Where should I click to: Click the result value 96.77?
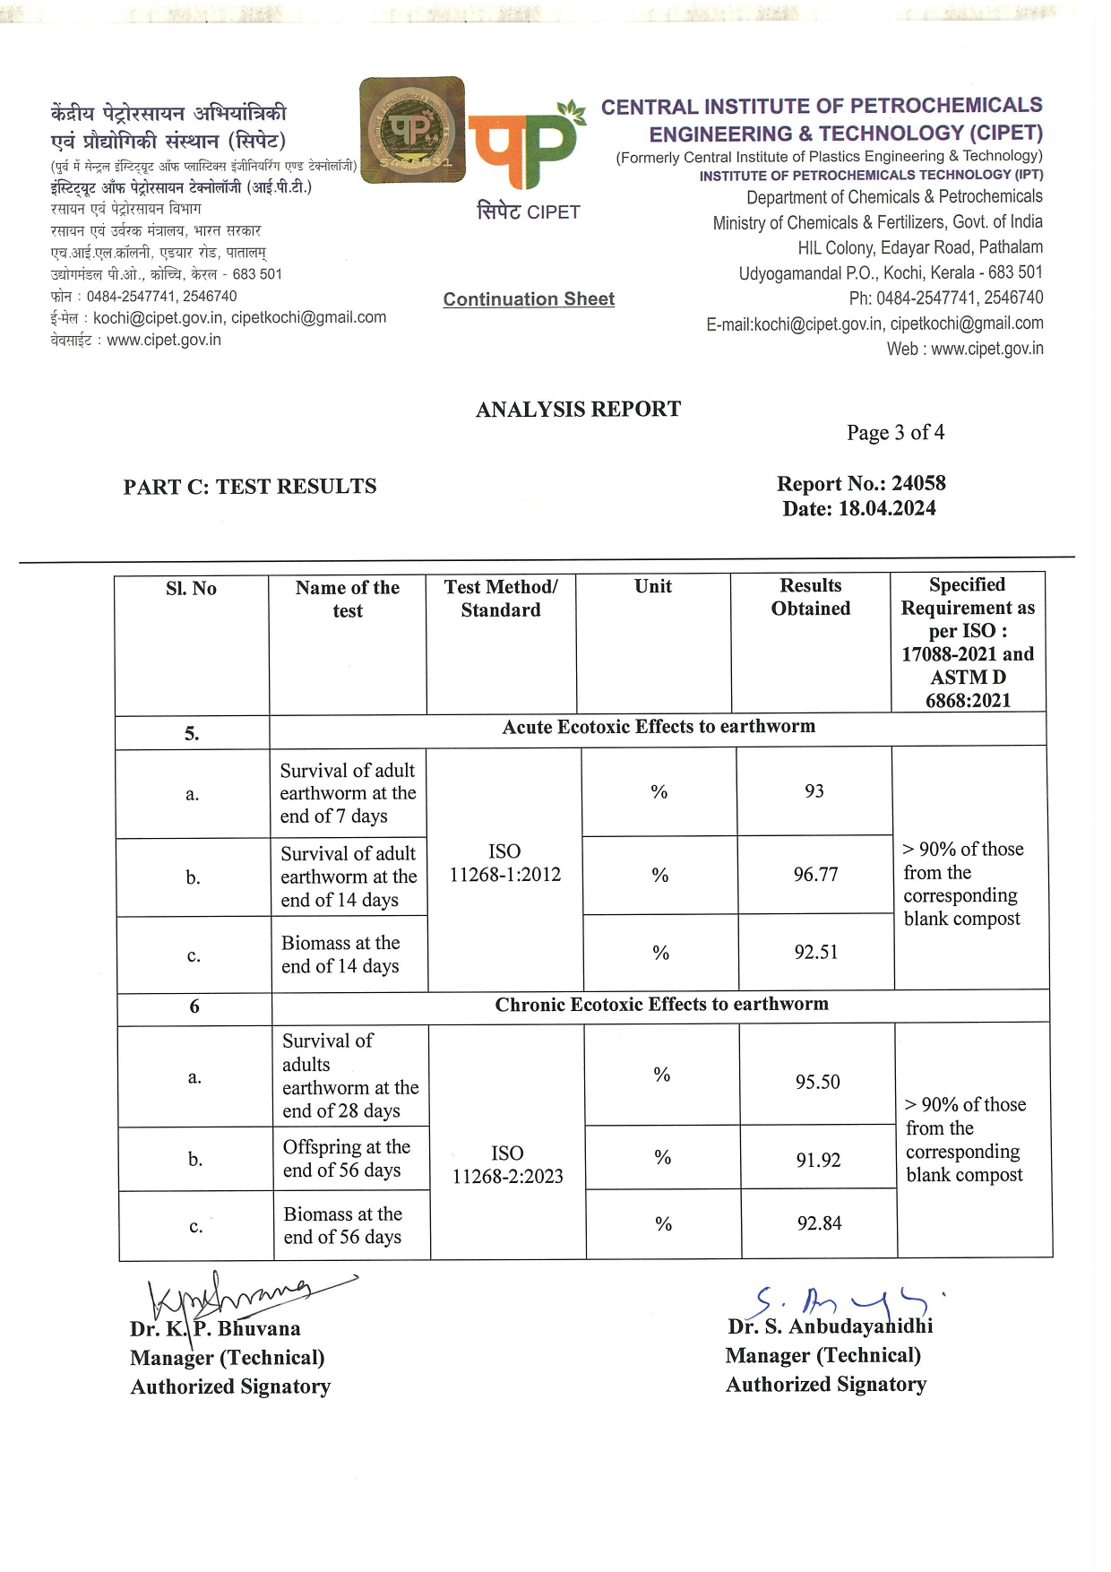pos(815,874)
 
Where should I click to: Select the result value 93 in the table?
pos(814,791)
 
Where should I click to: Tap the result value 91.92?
pos(818,1160)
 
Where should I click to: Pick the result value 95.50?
pos(817,1082)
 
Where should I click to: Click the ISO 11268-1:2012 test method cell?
pos(504,862)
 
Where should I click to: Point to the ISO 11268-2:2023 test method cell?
pos(507,1164)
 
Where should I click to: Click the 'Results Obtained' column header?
pos(810,597)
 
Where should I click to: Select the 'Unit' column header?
pos(652,586)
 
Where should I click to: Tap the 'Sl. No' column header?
pos(191,588)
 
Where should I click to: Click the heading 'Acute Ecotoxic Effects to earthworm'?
pos(659,727)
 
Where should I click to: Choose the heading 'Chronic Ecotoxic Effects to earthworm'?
pos(661,1005)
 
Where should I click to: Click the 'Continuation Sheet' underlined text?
pos(529,299)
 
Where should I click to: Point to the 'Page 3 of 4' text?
pos(895,433)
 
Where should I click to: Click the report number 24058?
pos(918,483)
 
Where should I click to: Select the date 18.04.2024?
pos(887,508)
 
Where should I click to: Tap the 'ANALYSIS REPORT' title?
pos(578,410)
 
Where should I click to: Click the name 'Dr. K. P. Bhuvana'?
pos(215,1328)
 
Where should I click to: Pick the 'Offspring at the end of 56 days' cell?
pos(347,1158)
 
